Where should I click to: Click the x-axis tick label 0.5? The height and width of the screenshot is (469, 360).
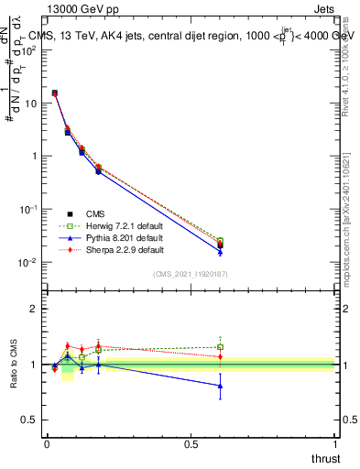pos(191,443)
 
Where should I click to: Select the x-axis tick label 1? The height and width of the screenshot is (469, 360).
pos(336,443)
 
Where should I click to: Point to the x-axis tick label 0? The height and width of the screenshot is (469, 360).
pos(48,443)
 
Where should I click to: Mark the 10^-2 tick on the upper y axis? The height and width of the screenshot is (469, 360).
pos(27,262)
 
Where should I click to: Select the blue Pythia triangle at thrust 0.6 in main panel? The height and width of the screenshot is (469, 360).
pos(220,251)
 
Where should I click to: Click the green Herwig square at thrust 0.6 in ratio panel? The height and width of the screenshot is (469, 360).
pos(220,347)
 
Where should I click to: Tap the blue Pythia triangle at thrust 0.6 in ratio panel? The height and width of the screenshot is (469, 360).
pos(220,386)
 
